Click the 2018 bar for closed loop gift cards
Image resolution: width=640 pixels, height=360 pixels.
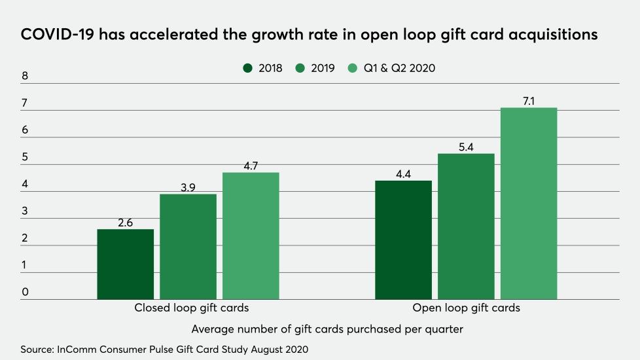point(126,264)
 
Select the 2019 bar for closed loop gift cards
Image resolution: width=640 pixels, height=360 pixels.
point(188,247)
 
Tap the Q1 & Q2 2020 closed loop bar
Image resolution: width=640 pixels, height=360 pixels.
point(251,236)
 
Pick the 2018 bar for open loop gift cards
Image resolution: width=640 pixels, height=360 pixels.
point(403,240)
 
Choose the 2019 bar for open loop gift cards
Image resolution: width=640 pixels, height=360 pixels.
point(466,226)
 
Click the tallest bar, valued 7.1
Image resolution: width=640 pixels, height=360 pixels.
point(529,204)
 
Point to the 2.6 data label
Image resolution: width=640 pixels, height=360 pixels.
point(126,223)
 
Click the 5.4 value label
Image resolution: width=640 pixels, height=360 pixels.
point(466,147)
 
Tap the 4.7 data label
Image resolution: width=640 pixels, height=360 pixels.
point(251,166)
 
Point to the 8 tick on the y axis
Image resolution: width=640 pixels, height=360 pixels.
point(25,77)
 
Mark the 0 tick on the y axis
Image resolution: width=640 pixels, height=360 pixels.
point(25,293)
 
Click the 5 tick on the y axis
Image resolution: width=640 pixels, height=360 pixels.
point(25,158)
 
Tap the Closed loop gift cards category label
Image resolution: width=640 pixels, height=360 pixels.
point(192,308)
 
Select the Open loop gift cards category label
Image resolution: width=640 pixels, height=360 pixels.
point(466,308)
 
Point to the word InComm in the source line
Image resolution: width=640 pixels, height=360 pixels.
point(77,350)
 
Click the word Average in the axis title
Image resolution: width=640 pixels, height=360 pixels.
point(213,329)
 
